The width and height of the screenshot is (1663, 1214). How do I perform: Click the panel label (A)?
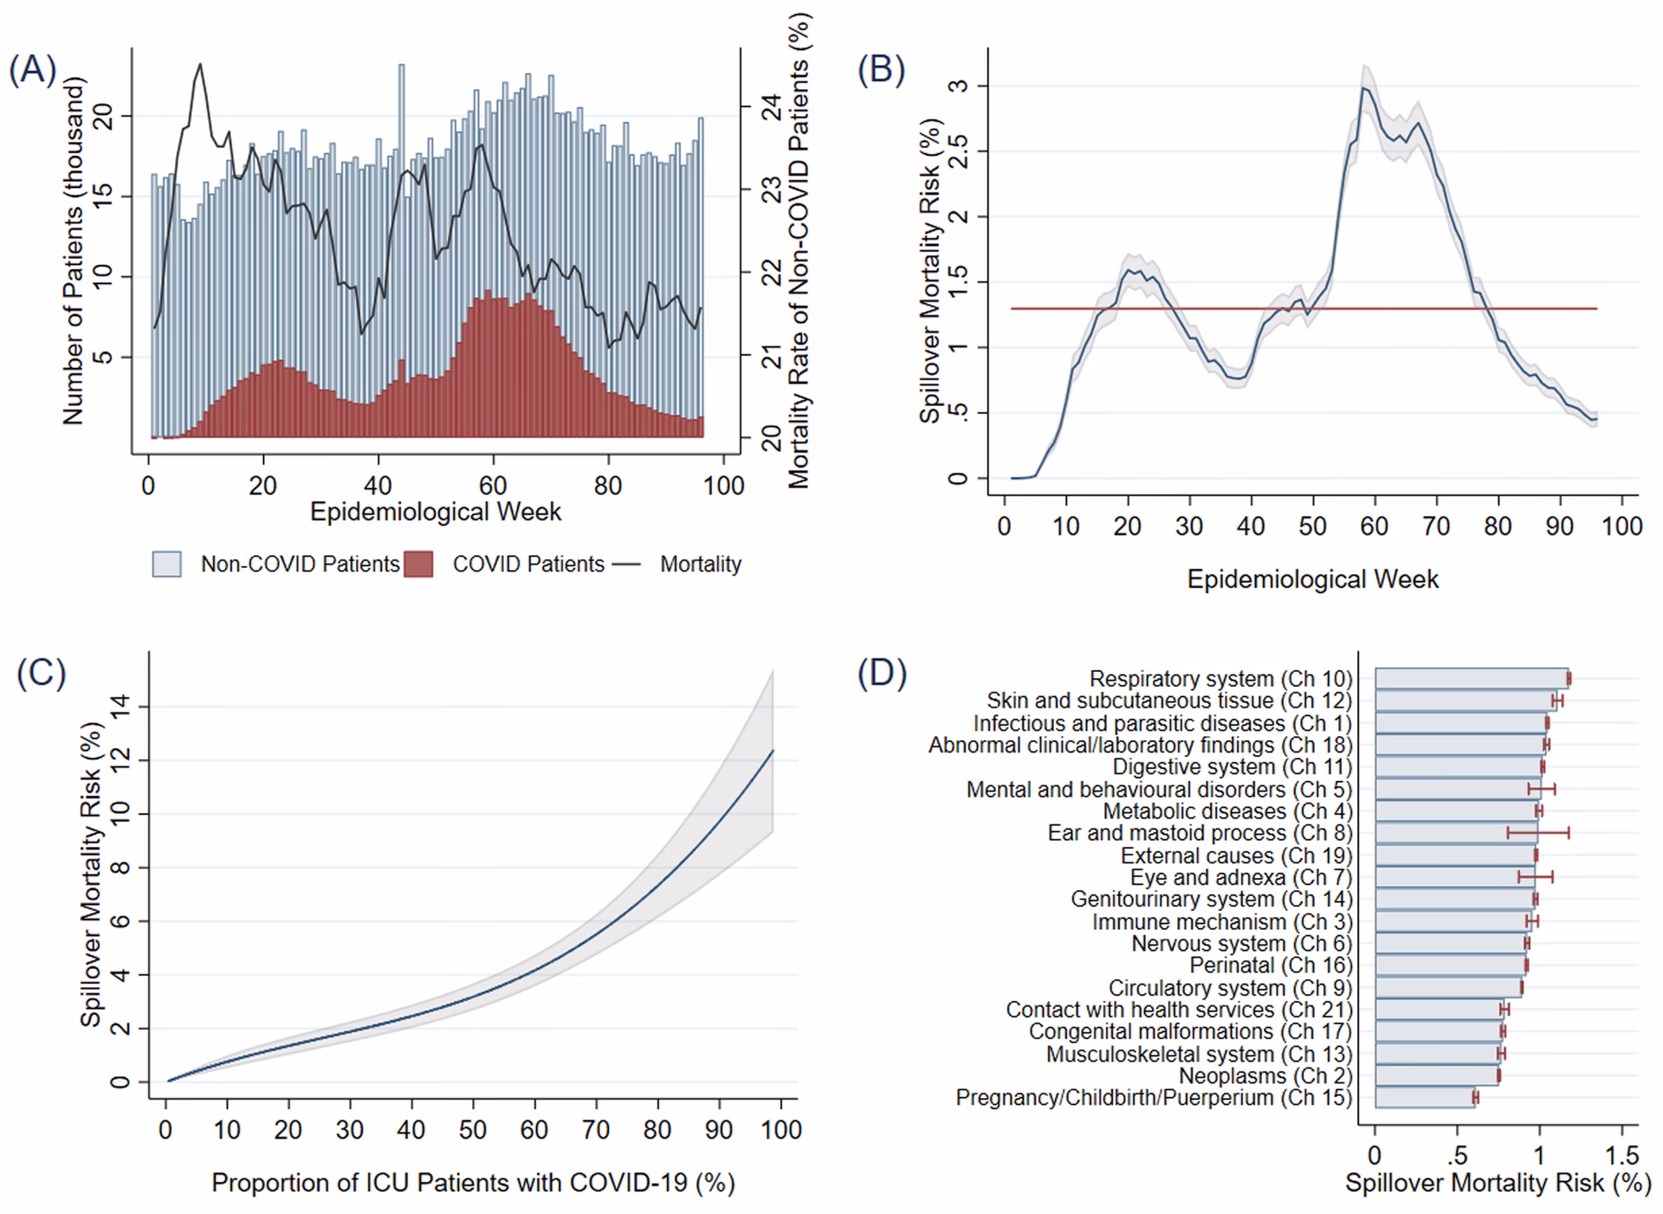pyautogui.click(x=32, y=70)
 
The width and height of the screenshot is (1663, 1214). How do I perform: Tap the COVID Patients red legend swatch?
pyautogui.click(x=418, y=565)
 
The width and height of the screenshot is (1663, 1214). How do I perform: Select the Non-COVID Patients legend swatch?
pyautogui.click(x=166, y=565)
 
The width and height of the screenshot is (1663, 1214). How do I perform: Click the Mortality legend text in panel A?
pyautogui.click(x=700, y=565)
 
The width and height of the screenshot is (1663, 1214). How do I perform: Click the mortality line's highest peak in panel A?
pyautogui.click(x=200, y=64)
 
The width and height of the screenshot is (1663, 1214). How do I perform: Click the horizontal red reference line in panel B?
pyautogui.click(x=1299, y=308)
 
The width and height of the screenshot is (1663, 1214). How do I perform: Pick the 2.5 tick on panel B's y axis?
pyautogui.click(x=958, y=152)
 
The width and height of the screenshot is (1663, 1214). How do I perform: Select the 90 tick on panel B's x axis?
pyautogui.click(x=1560, y=526)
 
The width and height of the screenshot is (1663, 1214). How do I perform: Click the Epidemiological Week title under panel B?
pyautogui.click(x=1312, y=579)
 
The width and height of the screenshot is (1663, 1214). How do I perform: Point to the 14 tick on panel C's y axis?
pyautogui.click(x=120, y=707)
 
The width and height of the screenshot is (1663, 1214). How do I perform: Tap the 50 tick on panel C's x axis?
pyautogui.click(x=473, y=1130)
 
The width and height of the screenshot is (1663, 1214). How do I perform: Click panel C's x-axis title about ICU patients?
pyautogui.click(x=473, y=1183)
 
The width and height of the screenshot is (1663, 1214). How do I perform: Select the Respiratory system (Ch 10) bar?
pyautogui.click(x=1471, y=679)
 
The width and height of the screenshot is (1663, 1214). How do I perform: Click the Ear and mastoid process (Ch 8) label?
pyautogui.click(x=1200, y=833)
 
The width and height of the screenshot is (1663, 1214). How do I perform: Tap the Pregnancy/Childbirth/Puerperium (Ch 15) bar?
pyautogui.click(x=1424, y=1098)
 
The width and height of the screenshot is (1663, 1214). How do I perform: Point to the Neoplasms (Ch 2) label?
pyautogui.click(x=1265, y=1076)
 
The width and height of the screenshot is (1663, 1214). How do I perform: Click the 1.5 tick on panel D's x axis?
pyautogui.click(x=1621, y=1156)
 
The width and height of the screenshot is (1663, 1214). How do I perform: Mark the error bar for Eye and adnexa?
pyautogui.click(x=1535, y=877)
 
